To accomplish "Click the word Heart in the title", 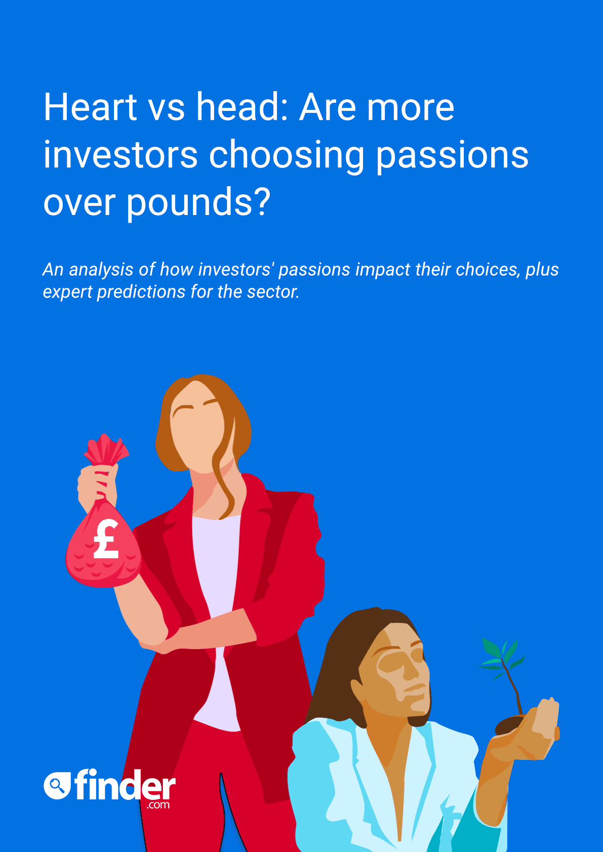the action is (90, 107).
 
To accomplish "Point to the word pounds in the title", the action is (189, 203).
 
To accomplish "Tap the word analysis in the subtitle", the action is (101, 270).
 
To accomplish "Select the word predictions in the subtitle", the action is (141, 292).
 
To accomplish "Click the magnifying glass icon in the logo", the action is (58, 785).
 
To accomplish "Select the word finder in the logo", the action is (125, 784).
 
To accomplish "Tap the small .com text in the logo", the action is (158, 804).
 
